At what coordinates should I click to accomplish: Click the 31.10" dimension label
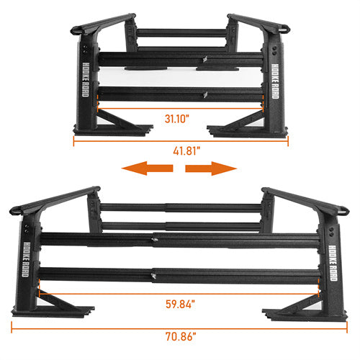[177, 119]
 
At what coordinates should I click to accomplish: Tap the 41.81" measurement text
[186, 151]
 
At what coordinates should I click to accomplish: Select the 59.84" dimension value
[180, 304]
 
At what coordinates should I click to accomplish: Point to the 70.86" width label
[181, 336]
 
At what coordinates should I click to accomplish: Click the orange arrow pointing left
[147, 168]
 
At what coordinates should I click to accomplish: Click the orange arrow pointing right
[211, 168]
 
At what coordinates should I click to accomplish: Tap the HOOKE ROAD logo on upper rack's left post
[86, 80]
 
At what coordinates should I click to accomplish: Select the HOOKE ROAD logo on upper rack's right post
[275, 81]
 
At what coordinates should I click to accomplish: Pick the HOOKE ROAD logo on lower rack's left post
[27, 259]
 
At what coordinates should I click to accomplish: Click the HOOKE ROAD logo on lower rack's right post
[333, 263]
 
